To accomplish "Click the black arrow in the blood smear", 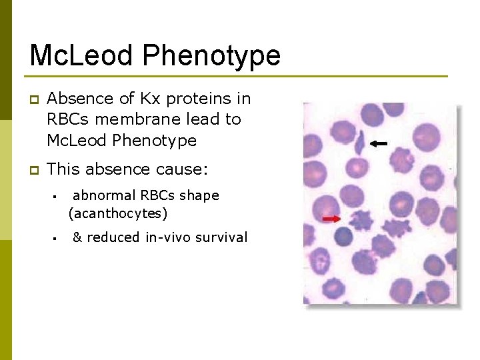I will tap(379, 143).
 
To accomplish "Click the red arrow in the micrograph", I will tap(331, 219).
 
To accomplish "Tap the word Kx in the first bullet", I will tap(147, 99).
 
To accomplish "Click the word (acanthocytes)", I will tap(118, 214).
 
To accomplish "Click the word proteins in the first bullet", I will tap(197, 99).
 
